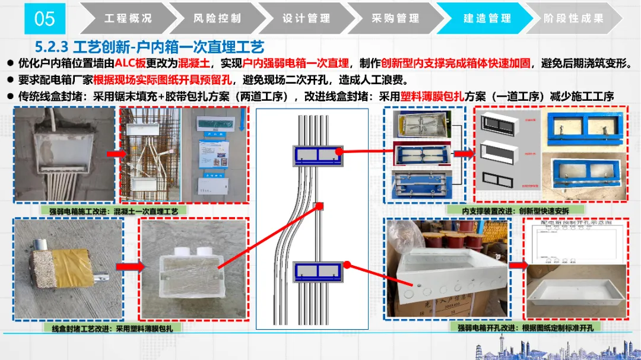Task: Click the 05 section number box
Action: [x=45, y=18]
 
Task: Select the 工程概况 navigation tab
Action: [x=128, y=18]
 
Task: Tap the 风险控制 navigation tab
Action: [x=217, y=18]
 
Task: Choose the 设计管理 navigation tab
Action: [x=306, y=18]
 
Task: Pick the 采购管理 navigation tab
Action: [x=395, y=18]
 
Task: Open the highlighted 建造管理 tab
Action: [x=487, y=18]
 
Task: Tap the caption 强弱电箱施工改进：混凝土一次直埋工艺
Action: [x=114, y=211]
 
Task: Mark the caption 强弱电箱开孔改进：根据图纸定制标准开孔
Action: [x=521, y=327]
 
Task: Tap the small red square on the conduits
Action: [x=319, y=206]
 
